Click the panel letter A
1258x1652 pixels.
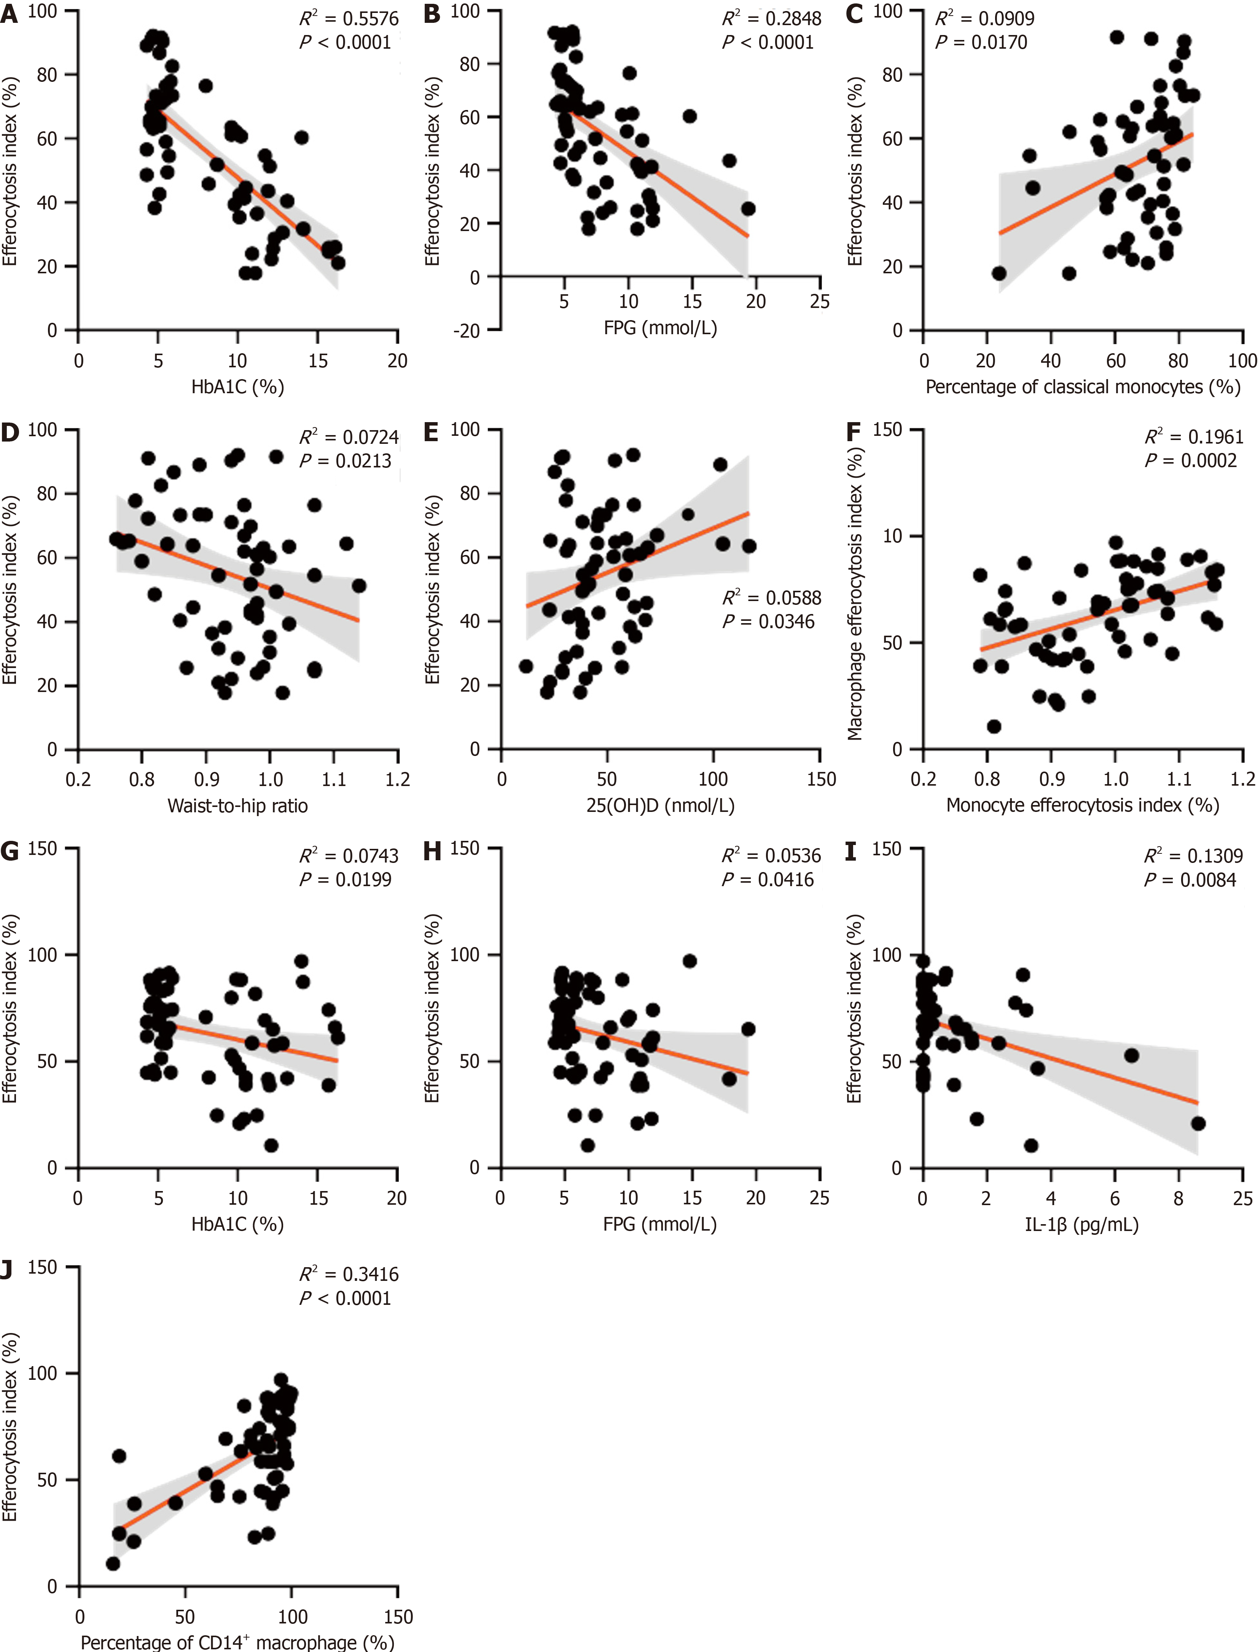[9, 13]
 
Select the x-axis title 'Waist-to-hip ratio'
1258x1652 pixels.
[237, 806]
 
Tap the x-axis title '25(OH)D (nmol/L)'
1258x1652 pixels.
[660, 806]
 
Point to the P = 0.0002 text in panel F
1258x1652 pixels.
[1191, 461]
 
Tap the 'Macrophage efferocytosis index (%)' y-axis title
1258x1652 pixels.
[854, 594]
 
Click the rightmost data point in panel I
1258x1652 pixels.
[1198, 1123]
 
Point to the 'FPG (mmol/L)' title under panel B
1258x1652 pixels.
[660, 327]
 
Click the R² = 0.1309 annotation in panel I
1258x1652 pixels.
[1193, 856]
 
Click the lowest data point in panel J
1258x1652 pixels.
[113, 1564]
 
